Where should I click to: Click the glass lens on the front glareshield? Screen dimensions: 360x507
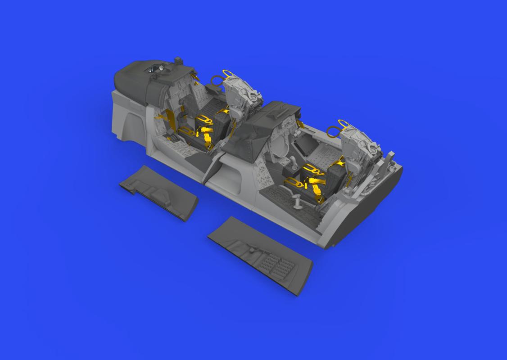tap(154, 68)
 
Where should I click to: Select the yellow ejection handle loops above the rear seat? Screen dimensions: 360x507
tap(338, 128)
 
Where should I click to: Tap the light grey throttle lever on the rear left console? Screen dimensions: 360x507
tap(297, 202)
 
